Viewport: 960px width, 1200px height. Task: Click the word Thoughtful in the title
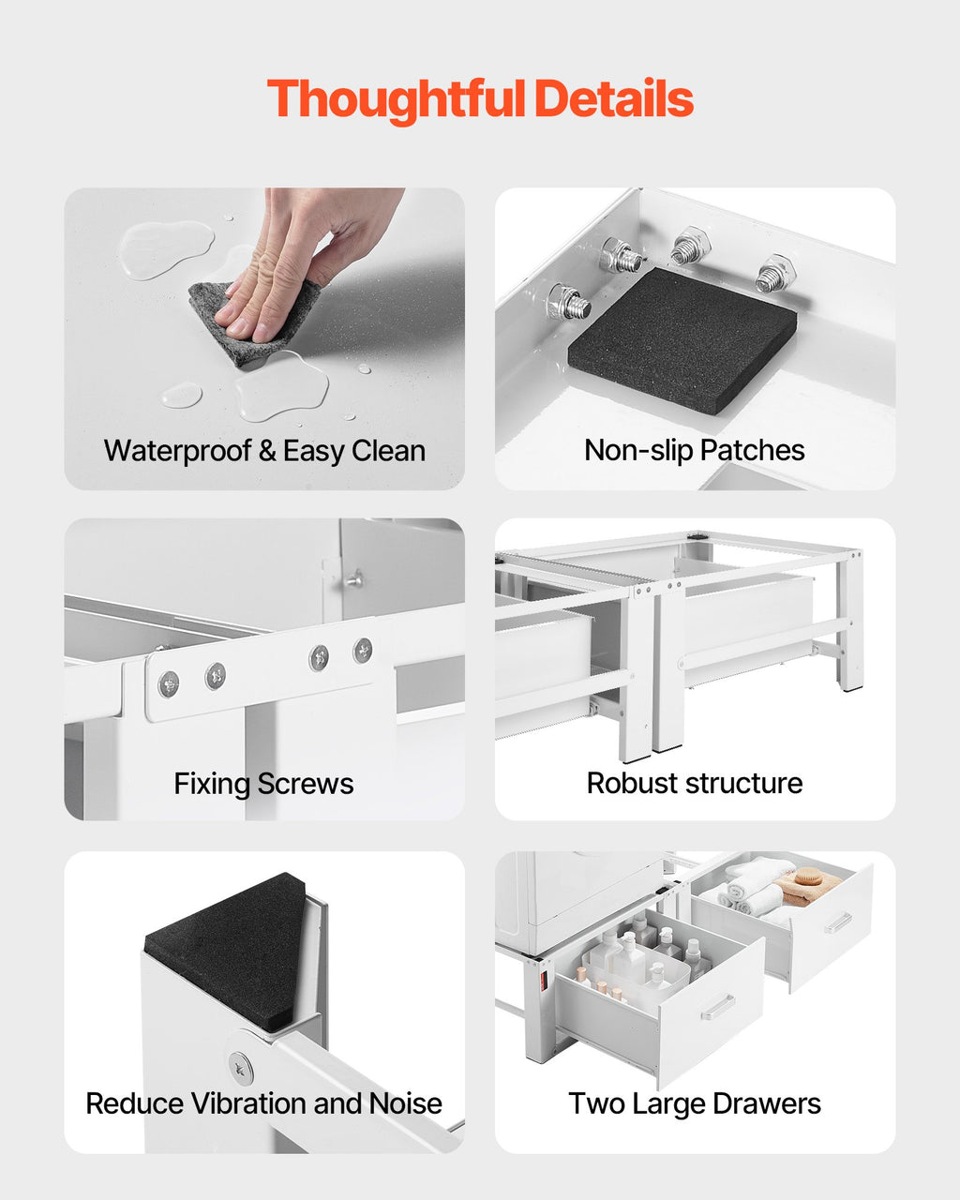(x=396, y=99)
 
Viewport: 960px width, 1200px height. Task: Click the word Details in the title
(x=614, y=98)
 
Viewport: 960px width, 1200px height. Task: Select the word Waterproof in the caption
(x=178, y=451)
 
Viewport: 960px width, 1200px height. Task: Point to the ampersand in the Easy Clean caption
(x=267, y=451)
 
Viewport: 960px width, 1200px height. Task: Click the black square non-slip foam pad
(x=682, y=340)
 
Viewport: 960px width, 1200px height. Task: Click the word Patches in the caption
(x=752, y=450)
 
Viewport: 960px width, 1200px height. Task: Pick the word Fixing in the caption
(x=213, y=784)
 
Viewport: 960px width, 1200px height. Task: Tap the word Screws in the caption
(x=306, y=784)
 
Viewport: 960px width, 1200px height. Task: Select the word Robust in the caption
(x=633, y=783)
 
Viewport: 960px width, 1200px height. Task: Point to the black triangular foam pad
(x=226, y=953)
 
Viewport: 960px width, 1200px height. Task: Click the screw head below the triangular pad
(x=240, y=1069)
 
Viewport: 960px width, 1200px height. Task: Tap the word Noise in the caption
(x=406, y=1104)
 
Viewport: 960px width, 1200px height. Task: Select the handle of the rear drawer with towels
(x=838, y=922)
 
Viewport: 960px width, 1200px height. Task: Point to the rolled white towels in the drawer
(x=753, y=887)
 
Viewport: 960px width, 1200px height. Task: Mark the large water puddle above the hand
(x=167, y=249)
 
